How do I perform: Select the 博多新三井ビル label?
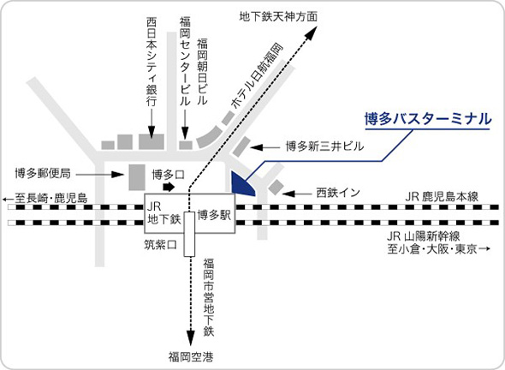[325, 147]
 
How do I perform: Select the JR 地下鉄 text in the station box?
[163, 214]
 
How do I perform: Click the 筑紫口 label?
[159, 244]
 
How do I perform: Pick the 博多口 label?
[169, 174]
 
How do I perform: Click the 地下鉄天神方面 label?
[278, 15]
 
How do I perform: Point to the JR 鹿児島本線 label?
[443, 196]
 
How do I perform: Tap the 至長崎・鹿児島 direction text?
[46, 200]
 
